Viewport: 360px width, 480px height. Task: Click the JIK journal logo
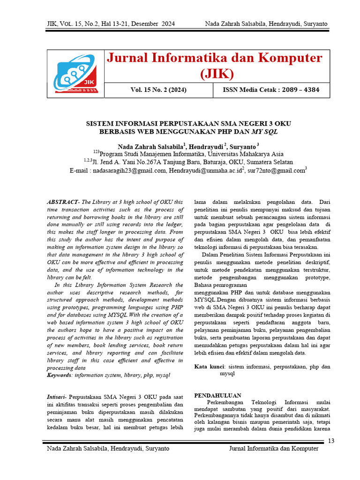[x=75, y=75]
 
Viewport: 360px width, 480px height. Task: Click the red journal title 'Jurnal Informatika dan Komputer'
[x=215, y=58]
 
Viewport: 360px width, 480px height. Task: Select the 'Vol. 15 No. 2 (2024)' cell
[x=158, y=90]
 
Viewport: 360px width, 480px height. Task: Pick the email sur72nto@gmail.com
[x=276, y=171]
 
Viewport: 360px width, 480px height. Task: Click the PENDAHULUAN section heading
[x=217, y=396]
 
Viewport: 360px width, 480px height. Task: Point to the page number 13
[x=331, y=441]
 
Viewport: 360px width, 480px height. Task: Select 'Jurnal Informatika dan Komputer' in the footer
[x=273, y=449]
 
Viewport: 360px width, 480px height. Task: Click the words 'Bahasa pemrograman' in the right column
[x=220, y=285]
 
